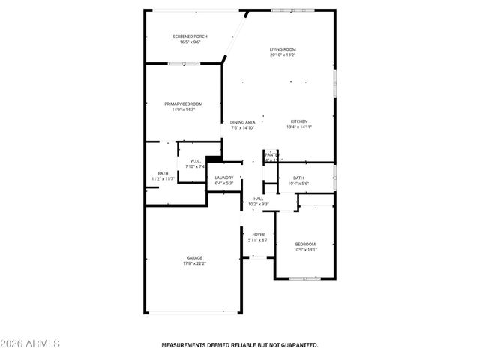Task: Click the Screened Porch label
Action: tap(190, 37)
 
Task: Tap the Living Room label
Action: tap(283, 49)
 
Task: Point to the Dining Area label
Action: tap(242, 122)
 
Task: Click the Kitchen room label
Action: tap(299, 121)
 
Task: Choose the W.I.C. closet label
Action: tap(195, 160)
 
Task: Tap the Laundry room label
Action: tap(224, 178)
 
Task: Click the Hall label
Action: tap(258, 199)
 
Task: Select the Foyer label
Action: tap(258, 234)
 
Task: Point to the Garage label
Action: tap(194, 257)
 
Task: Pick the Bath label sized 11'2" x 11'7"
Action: tap(163, 173)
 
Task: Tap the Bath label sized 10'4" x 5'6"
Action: tap(298, 178)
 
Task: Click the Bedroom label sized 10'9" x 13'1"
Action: tap(305, 244)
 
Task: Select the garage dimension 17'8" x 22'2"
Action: tap(194, 263)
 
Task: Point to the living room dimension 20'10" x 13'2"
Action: tap(283, 55)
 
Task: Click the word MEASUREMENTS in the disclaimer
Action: tap(186, 345)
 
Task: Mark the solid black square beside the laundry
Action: tap(214, 159)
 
